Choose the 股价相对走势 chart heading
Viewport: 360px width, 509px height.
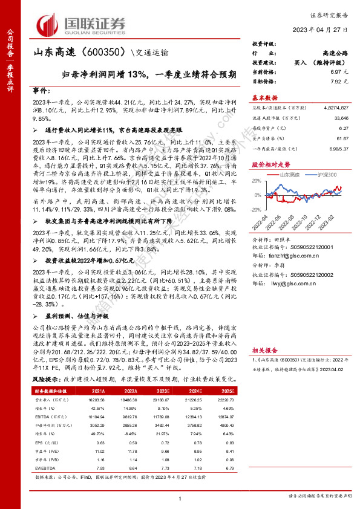point(270,164)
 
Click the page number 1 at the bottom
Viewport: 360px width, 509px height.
point(180,498)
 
